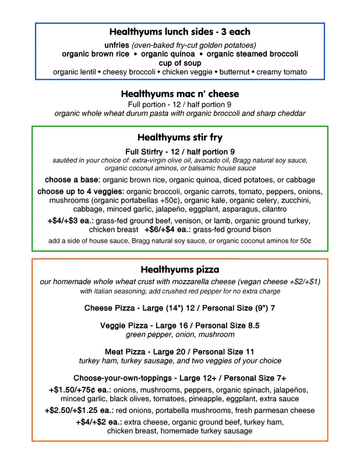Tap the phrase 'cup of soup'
(179, 63)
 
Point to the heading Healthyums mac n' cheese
(179, 94)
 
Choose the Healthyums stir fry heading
(179, 138)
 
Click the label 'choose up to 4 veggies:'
(80, 192)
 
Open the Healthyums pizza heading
(179, 270)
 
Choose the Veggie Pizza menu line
(179, 326)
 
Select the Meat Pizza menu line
(179, 352)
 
